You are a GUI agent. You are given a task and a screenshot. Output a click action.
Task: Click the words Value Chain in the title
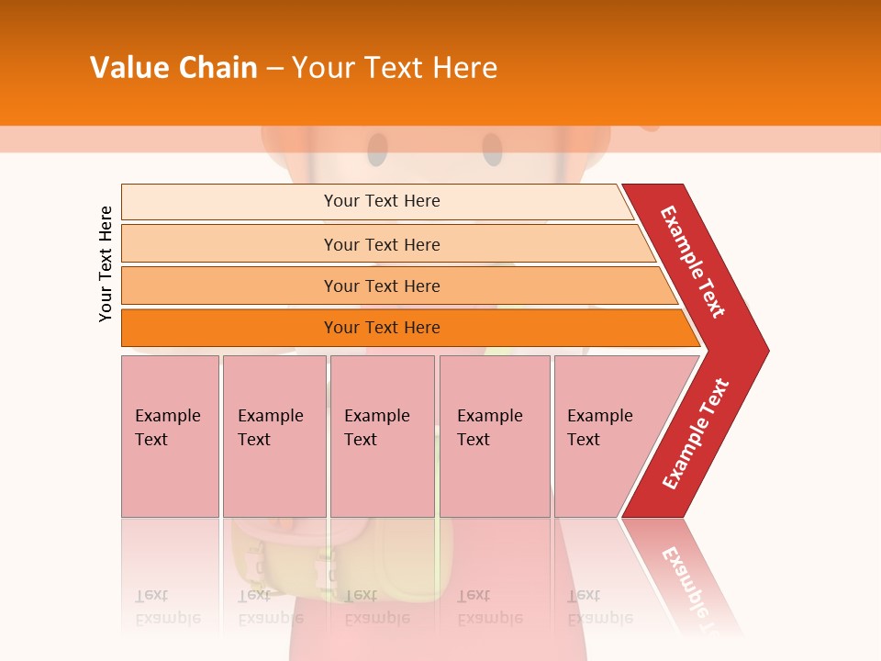173,68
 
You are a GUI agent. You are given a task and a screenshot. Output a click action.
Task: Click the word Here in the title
464,68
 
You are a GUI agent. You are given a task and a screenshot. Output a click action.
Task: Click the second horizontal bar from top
382,244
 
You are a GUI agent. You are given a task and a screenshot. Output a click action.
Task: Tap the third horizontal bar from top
382,286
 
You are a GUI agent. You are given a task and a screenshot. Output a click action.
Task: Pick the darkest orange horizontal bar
382,328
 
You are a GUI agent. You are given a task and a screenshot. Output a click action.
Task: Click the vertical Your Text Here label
106,263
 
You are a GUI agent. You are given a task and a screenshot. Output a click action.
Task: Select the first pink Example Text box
170,435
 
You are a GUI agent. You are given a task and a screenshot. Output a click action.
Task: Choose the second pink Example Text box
273,435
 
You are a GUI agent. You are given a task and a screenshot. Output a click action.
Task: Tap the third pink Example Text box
382,435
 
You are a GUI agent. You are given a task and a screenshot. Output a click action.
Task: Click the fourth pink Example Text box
494,435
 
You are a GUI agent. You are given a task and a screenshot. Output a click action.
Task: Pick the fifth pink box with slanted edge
606,435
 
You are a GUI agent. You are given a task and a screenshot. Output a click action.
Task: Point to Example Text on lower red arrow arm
696,433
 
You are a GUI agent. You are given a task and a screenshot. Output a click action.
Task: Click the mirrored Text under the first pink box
151,596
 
